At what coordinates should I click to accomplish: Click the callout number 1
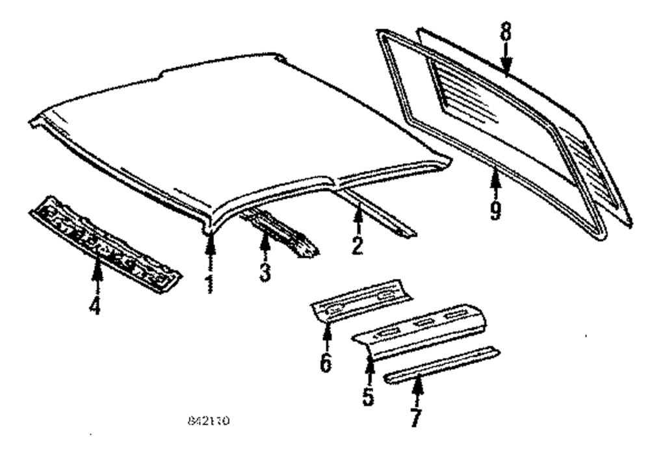209,284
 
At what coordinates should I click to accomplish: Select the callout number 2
357,244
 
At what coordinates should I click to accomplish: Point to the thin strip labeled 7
442,365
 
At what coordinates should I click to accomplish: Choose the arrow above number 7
417,389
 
